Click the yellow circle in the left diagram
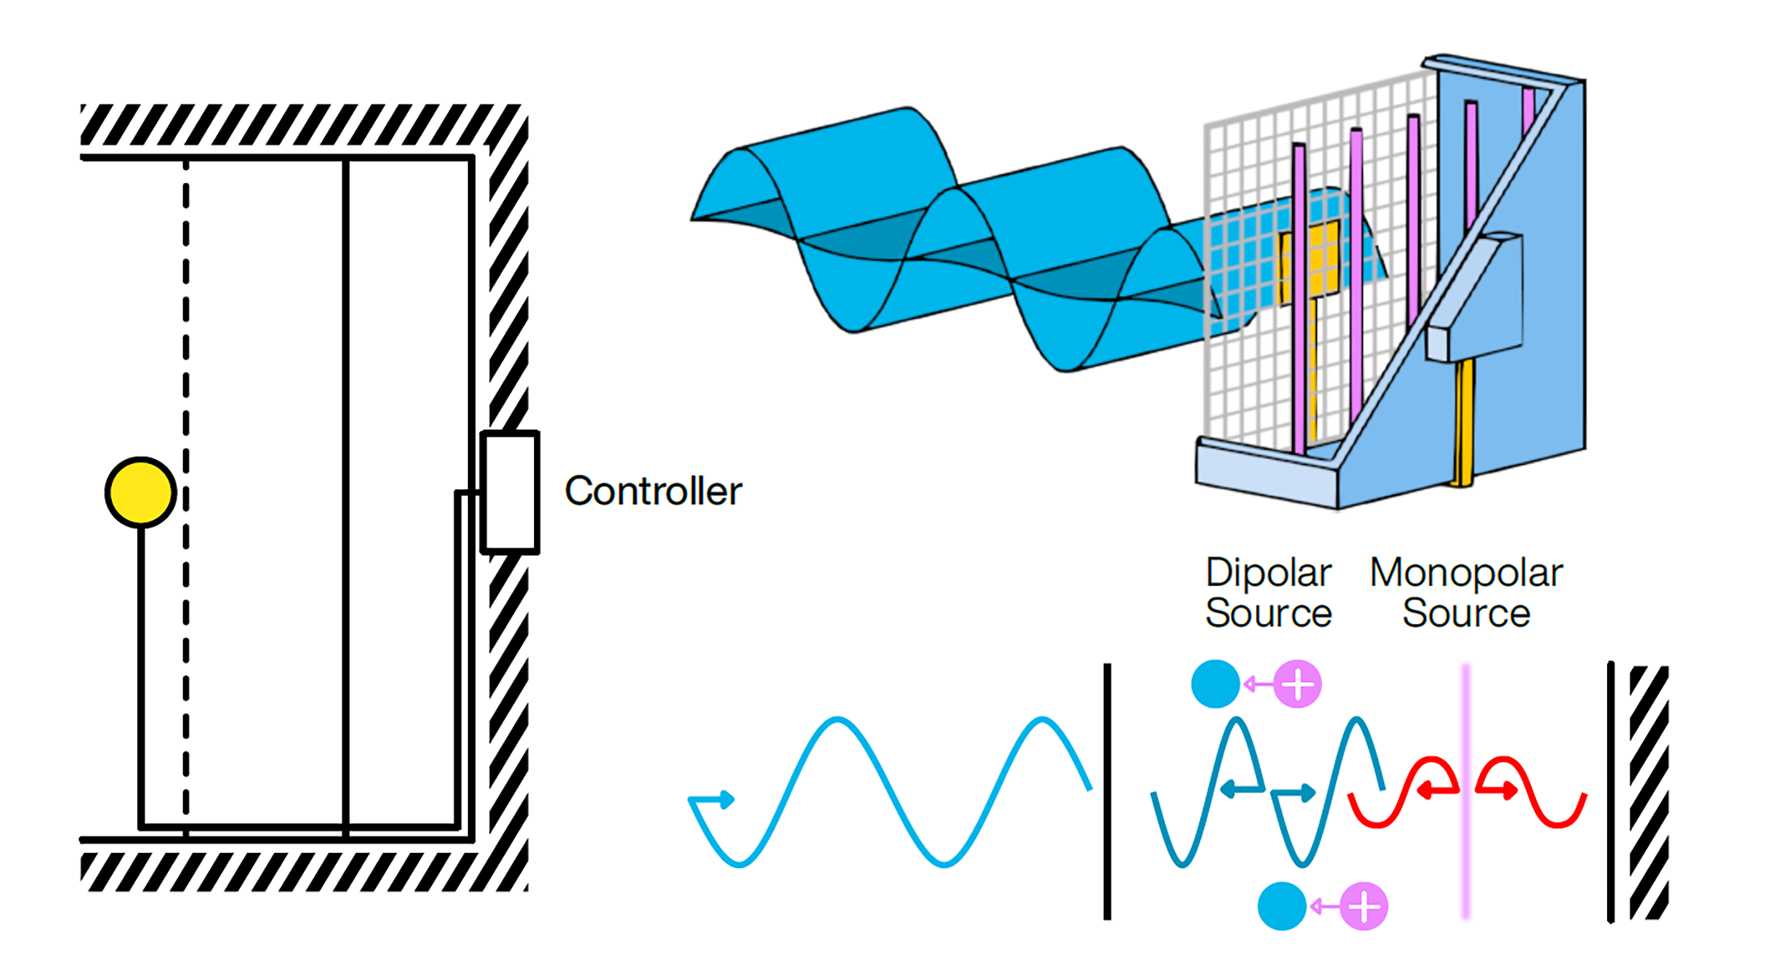(140, 492)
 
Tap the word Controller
(653, 491)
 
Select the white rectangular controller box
(510, 492)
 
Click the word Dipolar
(1268, 573)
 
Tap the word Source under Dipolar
(1268, 613)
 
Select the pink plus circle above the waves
(1297, 684)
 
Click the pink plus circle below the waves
(1364, 906)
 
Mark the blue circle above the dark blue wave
(1215, 684)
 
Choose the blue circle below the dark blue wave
(1282, 906)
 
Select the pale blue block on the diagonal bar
(1475, 297)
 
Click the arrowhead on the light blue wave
(726, 800)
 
